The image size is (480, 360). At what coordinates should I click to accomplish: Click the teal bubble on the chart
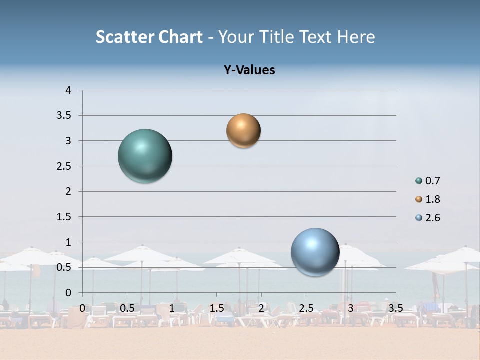145,156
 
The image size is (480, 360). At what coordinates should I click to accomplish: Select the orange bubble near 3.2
243,131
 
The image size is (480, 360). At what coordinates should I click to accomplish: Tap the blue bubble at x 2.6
315,252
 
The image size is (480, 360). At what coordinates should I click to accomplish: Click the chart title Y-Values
249,70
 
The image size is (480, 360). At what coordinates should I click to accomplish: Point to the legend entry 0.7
432,181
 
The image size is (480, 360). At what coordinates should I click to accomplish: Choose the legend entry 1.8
432,199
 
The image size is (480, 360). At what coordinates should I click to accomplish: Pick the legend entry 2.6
432,218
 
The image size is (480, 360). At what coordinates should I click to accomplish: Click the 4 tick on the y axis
68,90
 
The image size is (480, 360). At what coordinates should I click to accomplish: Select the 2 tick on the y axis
68,191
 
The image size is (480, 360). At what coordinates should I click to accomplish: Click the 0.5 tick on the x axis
127,308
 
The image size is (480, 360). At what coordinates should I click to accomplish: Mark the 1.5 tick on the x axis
216,308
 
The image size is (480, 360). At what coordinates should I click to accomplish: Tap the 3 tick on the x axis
351,308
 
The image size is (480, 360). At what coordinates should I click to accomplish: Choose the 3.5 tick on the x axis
395,308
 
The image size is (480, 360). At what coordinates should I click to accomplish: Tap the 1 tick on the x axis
172,308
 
